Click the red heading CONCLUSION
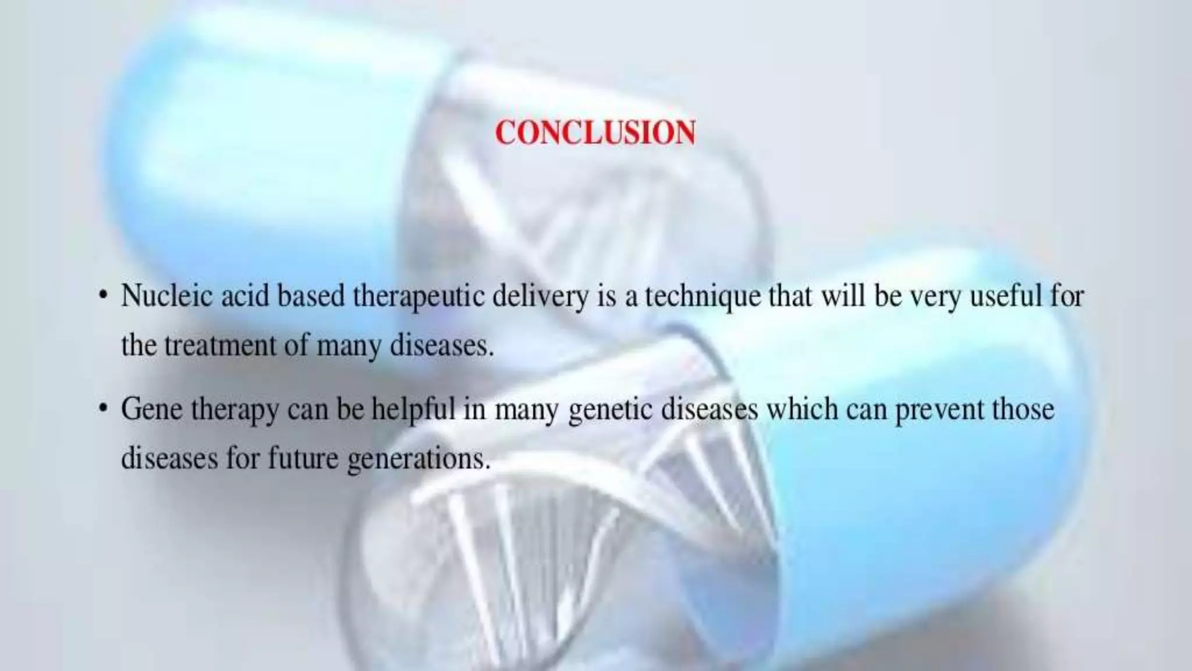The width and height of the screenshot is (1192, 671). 595,133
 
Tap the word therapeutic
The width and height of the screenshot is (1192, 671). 419,297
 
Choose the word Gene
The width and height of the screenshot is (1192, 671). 151,409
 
